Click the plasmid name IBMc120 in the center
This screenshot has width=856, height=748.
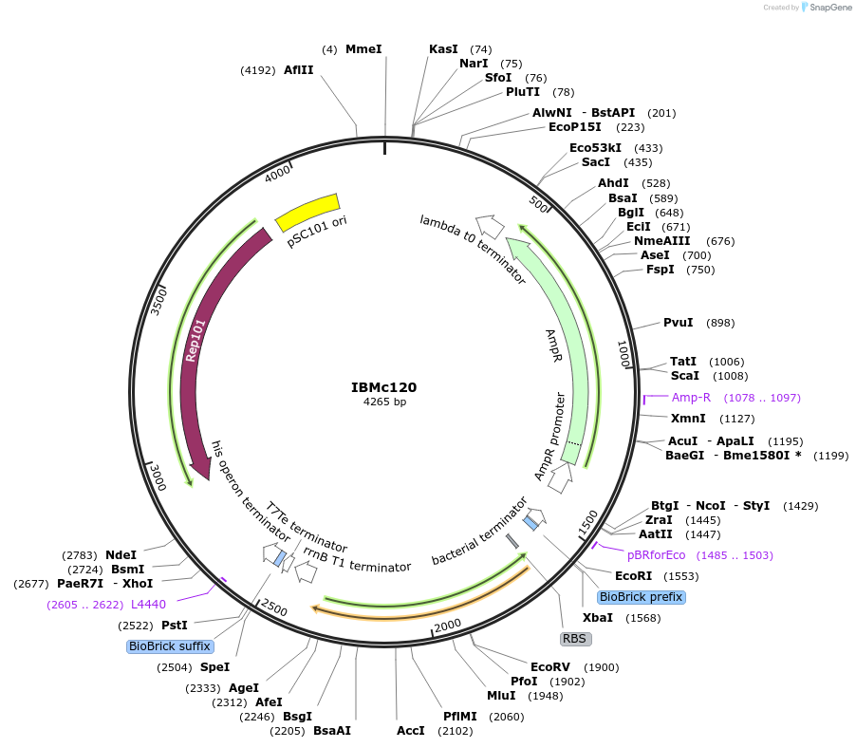(383, 387)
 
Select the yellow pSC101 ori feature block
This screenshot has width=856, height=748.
(307, 213)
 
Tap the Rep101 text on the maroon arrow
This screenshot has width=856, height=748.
(195, 340)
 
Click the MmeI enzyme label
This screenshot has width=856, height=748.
(363, 48)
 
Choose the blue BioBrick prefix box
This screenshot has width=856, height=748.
(641, 597)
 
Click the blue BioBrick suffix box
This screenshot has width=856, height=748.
(168, 646)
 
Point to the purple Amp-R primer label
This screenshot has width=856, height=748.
(691, 397)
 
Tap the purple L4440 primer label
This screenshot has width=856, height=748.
(148, 604)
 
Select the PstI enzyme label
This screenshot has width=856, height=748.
(174, 625)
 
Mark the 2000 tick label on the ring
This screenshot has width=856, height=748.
(447, 625)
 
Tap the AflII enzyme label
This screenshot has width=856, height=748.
(298, 69)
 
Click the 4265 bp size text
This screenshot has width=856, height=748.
(384, 402)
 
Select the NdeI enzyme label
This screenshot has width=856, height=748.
(121, 554)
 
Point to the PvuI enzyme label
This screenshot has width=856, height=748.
(678, 323)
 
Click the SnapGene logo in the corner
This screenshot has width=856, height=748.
(826, 8)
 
